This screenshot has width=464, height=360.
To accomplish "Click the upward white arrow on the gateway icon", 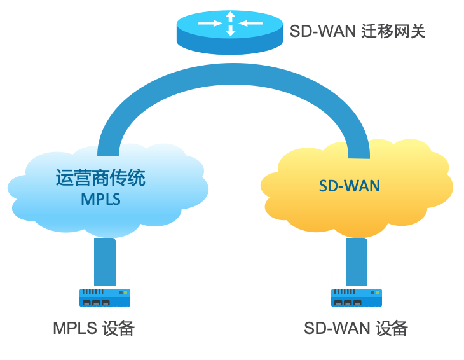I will [230, 17].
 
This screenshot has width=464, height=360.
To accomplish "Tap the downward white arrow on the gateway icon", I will [230, 31].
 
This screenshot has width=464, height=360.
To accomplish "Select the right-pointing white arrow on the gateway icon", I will [210, 24].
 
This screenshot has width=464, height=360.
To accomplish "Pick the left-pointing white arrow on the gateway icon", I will [251, 24].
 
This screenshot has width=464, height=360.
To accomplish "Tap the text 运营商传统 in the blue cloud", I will [100, 177].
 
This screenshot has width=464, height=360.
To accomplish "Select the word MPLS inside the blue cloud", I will [100, 199].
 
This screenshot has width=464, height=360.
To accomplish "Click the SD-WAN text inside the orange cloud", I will [349, 186].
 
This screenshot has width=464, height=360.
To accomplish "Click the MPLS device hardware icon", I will [104, 297].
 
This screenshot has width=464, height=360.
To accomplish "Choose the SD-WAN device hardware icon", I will [356, 297].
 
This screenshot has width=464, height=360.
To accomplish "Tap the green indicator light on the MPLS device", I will [126, 293].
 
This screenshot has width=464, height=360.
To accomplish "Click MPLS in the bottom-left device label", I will [74, 328].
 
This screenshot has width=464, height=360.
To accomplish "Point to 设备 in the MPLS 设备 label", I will [118, 328].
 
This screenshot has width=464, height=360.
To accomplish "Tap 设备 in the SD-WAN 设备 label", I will [391, 328].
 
